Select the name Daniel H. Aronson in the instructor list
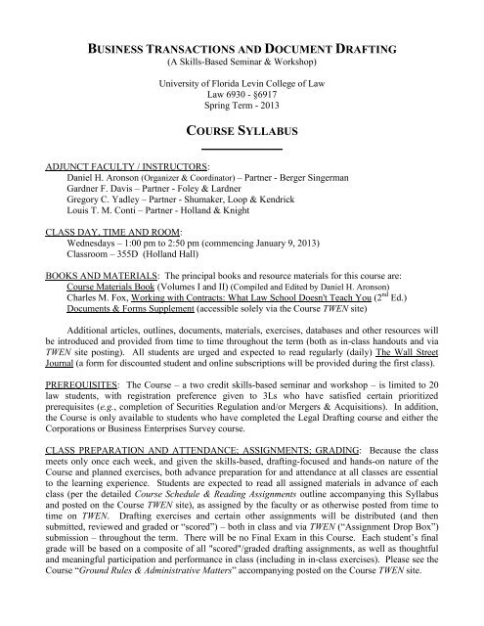[x=102, y=180]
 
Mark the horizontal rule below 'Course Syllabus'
[x=242, y=148]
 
